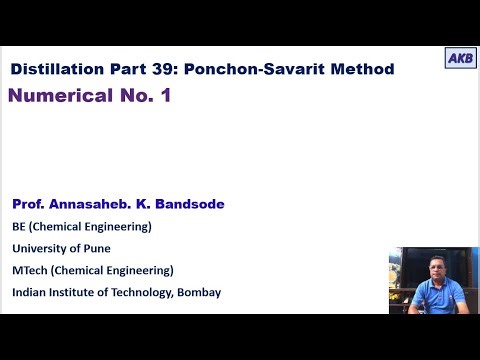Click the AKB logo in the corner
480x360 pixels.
(460, 57)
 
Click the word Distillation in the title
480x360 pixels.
(56, 69)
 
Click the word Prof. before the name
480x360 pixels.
(31, 204)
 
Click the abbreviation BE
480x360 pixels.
(20, 226)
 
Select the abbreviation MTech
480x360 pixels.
(32, 270)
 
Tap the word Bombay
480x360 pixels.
(200, 292)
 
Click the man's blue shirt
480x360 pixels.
(432, 295)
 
